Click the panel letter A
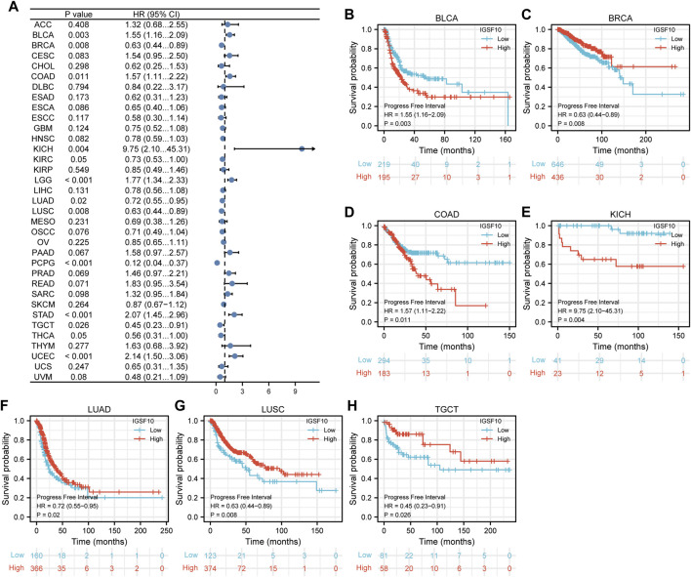pos(7,7)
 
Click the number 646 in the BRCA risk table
pos(559,193)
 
